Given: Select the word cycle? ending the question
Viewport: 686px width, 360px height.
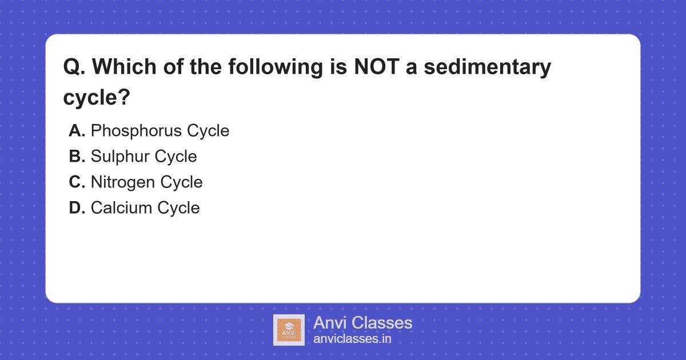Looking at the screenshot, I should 97,97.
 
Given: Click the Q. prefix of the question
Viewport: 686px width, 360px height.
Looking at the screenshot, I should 74,67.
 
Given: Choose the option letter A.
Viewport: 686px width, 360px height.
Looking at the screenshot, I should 77,131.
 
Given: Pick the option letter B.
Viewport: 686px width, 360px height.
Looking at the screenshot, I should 77,157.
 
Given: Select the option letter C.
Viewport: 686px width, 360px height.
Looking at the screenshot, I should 77,182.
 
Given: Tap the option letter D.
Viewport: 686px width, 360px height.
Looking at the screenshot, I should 77,208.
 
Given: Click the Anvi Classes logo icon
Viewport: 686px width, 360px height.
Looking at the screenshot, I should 289,330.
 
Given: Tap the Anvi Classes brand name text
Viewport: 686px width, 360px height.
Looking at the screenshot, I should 362,323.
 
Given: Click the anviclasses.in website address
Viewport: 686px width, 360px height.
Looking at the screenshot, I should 352,338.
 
